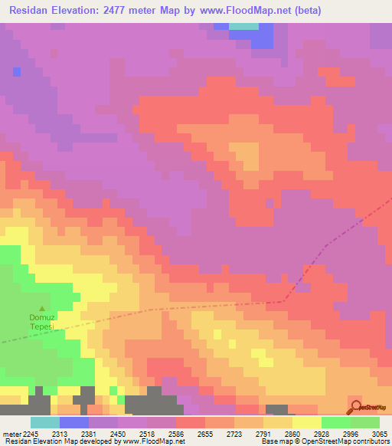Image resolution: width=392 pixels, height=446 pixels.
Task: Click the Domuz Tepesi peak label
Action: tap(41, 321)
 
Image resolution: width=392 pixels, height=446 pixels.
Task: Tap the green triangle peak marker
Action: tap(42, 307)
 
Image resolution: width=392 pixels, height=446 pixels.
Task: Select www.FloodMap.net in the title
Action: tap(247, 10)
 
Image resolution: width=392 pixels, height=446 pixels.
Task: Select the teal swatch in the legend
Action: tap(44, 422)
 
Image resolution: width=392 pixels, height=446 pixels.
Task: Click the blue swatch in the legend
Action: tap(73, 422)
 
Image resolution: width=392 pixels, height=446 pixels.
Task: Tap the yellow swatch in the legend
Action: tap(306, 422)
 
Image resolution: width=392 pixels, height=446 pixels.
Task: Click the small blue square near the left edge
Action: tap(17, 72)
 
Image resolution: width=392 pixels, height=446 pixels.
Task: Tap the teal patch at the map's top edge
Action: tap(243, 26)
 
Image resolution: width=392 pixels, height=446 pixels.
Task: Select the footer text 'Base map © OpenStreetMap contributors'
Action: tap(324, 441)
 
